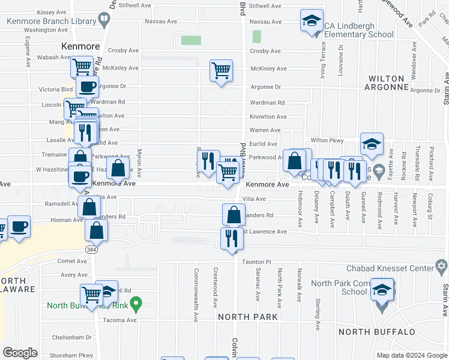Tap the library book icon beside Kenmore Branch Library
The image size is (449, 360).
(x=104, y=20)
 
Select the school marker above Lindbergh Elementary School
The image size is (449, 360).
(x=312, y=22)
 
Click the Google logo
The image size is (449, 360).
(x=20, y=353)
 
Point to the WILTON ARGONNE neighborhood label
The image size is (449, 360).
(x=387, y=83)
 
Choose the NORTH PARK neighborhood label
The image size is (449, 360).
(x=247, y=316)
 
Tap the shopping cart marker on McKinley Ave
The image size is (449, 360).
(x=221, y=71)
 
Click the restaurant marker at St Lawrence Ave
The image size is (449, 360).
(x=232, y=239)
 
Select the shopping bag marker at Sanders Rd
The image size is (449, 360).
(x=234, y=214)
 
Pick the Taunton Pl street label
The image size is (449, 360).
(x=257, y=262)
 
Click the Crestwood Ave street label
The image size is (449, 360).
(x=215, y=286)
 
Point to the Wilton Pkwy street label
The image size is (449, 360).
(x=327, y=140)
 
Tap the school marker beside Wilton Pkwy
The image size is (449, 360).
(x=372, y=144)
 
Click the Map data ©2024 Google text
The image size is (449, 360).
(x=411, y=355)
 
